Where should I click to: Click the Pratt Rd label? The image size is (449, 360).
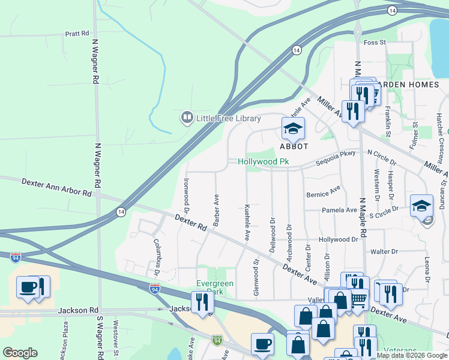77,34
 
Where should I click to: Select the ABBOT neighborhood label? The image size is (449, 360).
294,146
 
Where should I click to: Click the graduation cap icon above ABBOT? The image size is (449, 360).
294,128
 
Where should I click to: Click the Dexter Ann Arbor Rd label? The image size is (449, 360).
57,188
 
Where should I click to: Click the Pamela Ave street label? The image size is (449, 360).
339,210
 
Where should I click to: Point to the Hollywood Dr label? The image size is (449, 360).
338,239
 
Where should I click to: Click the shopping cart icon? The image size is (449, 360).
359,298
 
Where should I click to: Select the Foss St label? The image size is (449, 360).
375,42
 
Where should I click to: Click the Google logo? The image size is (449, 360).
20,353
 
